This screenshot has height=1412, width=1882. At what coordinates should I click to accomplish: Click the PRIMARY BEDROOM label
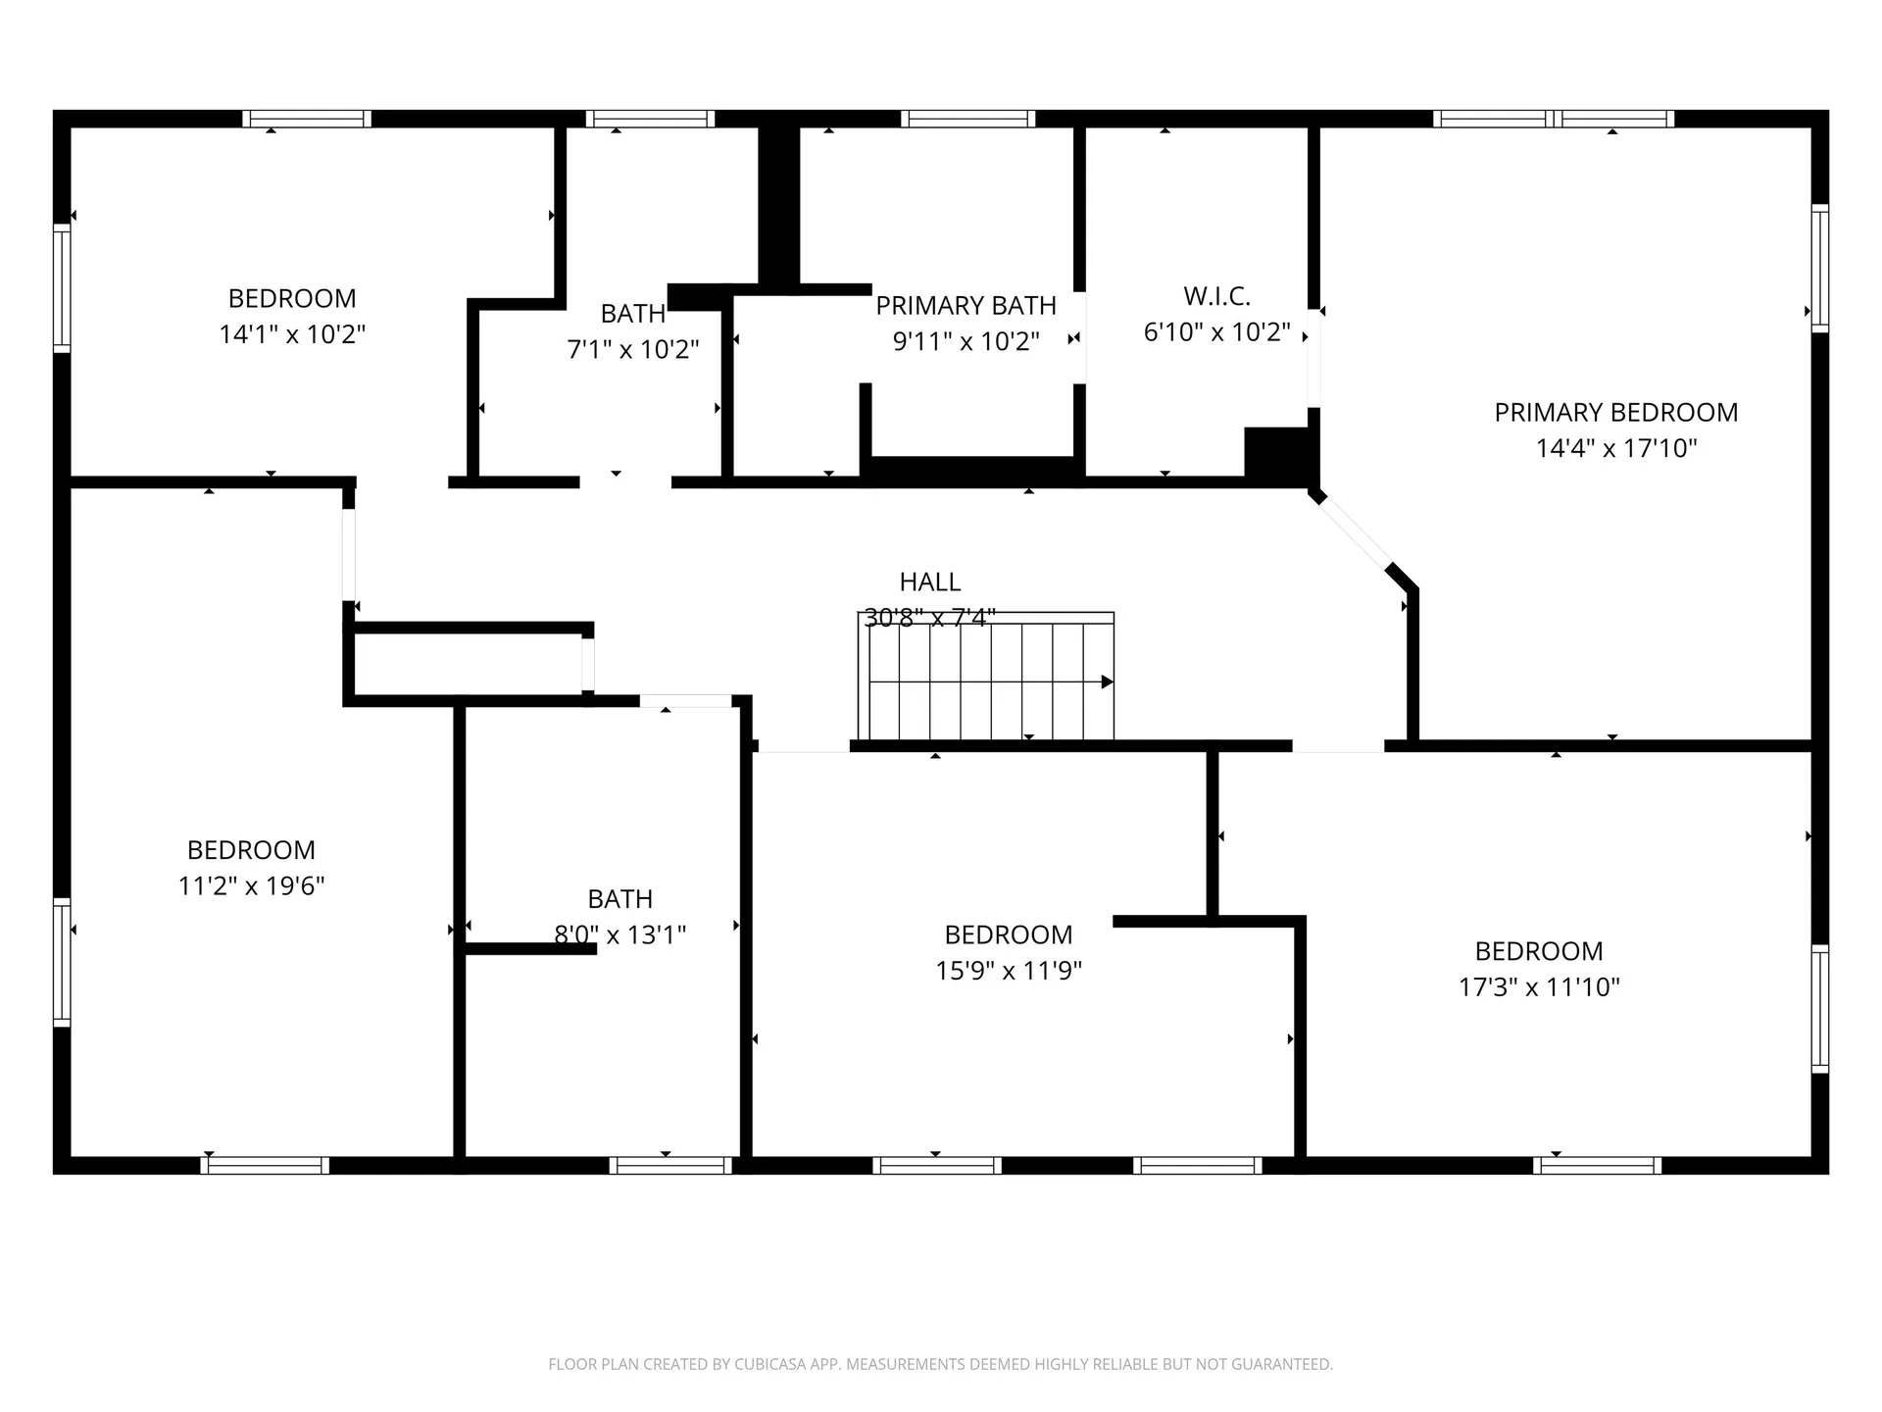[x=1615, y=413]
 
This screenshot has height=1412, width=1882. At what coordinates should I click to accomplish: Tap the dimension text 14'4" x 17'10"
[x=1615, y=449]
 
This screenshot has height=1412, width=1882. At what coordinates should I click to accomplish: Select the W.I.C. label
[x=1216, y=296]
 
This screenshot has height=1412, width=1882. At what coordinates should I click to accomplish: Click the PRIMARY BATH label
[x=966, y=306]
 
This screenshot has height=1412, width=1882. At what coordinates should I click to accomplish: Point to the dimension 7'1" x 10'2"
[x=632, y=349]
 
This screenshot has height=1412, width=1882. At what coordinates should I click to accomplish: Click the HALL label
[x=929, y=581]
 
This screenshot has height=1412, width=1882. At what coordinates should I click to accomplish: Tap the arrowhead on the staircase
[x=1107, y=681]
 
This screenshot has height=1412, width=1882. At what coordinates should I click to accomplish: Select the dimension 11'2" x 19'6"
[x=251, y=886]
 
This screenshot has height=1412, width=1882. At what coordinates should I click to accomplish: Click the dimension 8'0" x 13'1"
[x=619, y=935]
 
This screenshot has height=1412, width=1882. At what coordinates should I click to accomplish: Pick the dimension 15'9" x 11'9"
[x=1008, y=971]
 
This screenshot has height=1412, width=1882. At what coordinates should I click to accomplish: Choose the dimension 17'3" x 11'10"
[x=1539, y=987]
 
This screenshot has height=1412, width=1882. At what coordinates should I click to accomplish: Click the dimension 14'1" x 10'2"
[x=292, y=334]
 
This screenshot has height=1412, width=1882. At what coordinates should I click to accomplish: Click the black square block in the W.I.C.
[x=1276, y=452]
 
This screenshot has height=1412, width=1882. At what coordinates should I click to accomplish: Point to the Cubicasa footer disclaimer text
[x=940, y=1364]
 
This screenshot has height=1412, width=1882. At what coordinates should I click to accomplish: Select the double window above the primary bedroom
[x=1554, y=119]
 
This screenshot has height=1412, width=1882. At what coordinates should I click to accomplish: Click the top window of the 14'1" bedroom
[x=307, y=119]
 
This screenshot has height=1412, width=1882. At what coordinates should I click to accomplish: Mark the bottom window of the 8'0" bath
[x=670, y=1165]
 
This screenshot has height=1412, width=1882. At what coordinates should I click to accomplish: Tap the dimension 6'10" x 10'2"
[x=1216, y=332]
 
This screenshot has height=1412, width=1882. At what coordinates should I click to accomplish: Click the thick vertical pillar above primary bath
[x=779, y=206]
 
